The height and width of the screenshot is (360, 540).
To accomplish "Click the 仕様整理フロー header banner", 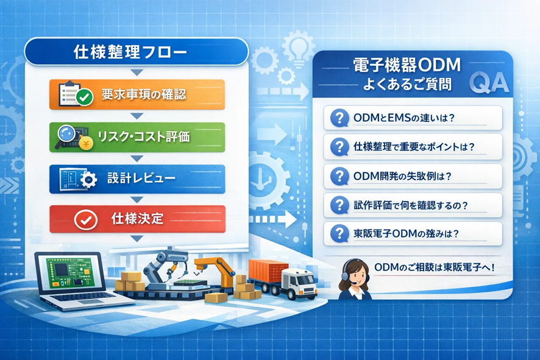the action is click(137, 52).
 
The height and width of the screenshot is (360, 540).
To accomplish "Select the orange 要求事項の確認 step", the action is click(137, 94).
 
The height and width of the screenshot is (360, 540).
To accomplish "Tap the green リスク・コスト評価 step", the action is click(137, 137).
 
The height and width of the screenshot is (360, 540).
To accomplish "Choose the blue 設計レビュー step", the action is click(137, 178).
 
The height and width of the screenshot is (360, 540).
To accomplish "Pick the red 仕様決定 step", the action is click(137, 219).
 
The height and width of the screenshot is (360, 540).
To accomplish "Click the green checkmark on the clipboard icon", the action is click(84, 97).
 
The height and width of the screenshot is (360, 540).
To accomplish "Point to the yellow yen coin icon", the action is click(86, 144).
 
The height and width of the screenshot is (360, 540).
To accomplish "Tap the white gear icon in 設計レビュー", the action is click(88, 179).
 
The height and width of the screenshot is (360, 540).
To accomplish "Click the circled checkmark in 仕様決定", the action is click(86, 219).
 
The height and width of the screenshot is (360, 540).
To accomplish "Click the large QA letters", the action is click(489, 83).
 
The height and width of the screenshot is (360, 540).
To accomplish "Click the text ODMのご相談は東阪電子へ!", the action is click(435, 267).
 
